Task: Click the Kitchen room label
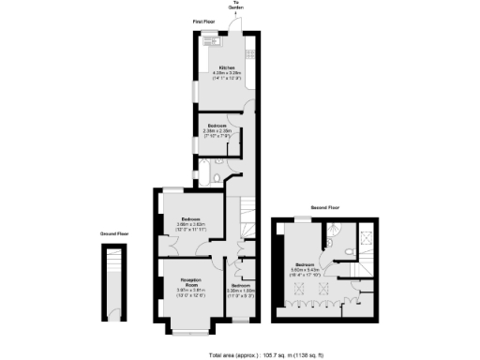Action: pos(226,68)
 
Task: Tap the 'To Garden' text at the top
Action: pos(236,7)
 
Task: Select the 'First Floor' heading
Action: pos(204,20)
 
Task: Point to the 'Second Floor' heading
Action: pos(325,207)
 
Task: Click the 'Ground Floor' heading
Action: pos(114,233)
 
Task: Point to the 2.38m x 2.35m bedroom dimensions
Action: pos(218,130)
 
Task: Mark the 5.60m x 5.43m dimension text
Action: pos(310,270)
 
